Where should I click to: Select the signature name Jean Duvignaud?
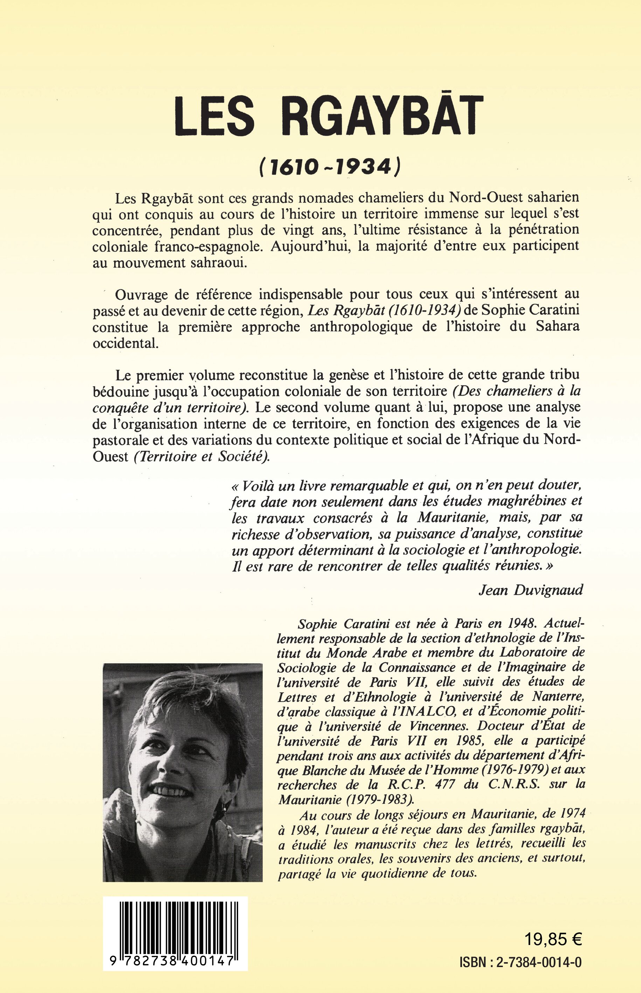click(x=531, y=590)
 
